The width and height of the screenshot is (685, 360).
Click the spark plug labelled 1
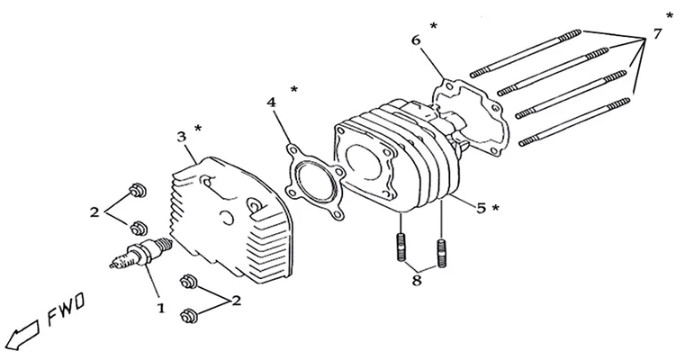point(140,253)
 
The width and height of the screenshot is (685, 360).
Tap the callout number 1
point(161,308)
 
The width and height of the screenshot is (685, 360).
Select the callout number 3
point(181,137)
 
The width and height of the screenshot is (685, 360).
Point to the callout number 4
point(271,103)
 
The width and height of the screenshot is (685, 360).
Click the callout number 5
point(481,208)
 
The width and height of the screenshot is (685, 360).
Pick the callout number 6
point(416,40)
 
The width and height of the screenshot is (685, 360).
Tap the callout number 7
point(657,33)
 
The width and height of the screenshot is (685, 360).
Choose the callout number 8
point(417,280)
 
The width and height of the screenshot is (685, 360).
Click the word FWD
point(66,310)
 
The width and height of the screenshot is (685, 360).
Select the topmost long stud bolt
point(526,53)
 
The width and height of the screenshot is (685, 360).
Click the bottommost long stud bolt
point(575,122)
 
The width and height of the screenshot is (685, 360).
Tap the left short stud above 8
point(401,247)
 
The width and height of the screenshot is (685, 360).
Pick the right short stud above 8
point(442,254)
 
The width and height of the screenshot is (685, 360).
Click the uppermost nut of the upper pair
point(137,191)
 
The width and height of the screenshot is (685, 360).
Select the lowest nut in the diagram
point(189,316)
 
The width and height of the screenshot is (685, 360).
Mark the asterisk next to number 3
point(198,129)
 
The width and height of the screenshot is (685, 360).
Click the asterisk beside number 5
point(495,208)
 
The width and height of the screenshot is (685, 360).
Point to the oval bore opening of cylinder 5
point(363,162)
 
